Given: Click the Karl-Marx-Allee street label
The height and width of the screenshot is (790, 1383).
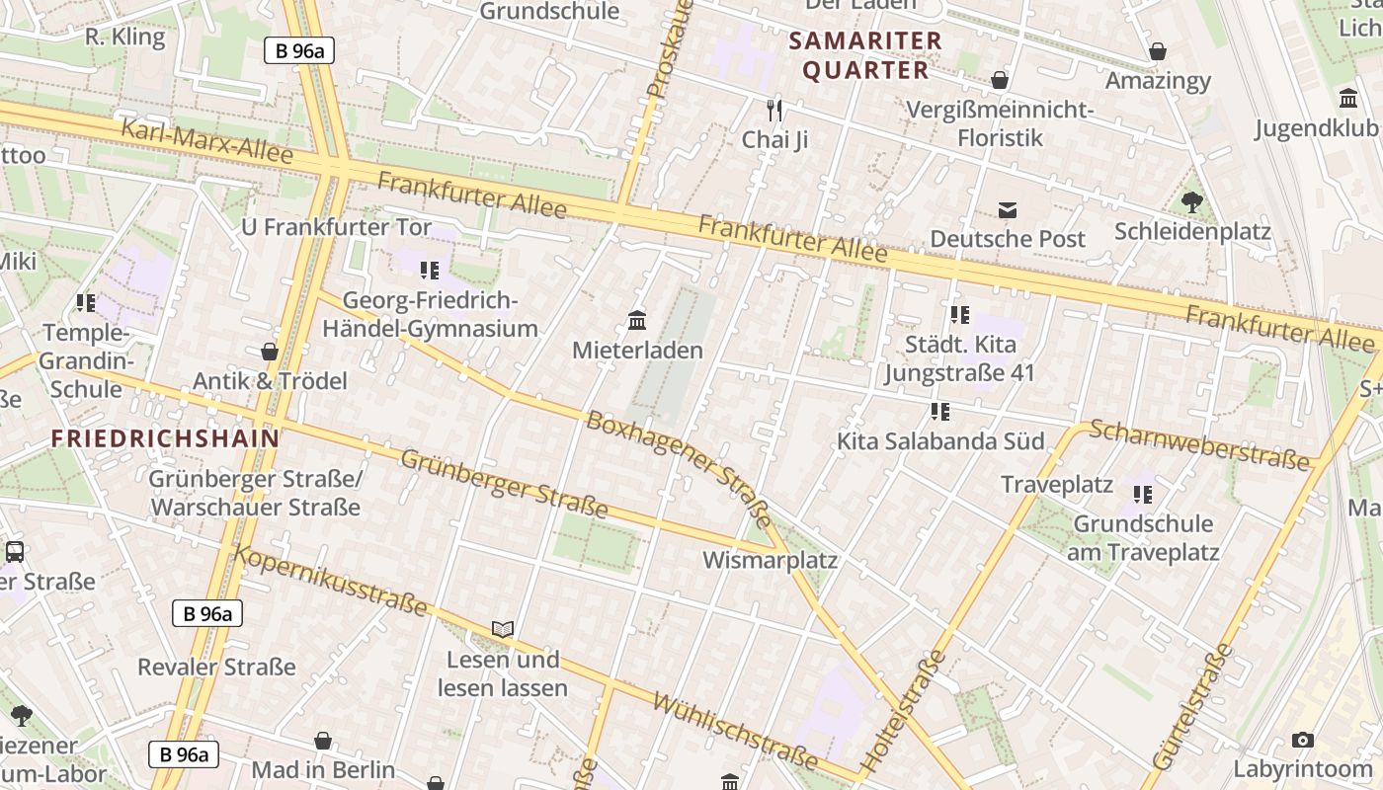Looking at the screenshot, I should tap(206, 142).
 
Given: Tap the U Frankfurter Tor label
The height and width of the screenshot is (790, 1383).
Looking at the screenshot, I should tap(336, 227).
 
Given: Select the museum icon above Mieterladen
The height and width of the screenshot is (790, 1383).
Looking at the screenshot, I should tap(637, 321).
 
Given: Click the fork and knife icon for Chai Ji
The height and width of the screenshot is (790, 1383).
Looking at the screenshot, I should tap(774, 110).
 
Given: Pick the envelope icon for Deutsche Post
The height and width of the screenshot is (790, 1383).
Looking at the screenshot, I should tap(1008, 209).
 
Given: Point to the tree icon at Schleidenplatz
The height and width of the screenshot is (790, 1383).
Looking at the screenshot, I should tap(1192, 202).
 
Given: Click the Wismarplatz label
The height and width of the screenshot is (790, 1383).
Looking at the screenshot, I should tap(770, 561).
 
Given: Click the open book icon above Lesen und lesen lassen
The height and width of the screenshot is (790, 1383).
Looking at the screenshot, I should tap(503, 629).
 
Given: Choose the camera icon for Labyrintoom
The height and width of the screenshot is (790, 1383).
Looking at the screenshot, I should tap(1303, 740).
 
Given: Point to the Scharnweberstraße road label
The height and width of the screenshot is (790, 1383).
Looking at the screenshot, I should tap(1199, 445).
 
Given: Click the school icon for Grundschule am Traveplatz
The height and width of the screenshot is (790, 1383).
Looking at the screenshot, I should tap(1144, 494).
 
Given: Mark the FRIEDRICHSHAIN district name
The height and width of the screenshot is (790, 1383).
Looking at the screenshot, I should tap(165, 438).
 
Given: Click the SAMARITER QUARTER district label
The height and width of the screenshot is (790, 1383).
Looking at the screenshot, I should tap(866, 55).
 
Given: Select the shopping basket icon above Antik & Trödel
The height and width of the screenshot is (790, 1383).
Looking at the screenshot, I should tap(270, 352).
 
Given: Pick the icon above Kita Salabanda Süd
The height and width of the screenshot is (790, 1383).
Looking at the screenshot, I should tap(939, 411).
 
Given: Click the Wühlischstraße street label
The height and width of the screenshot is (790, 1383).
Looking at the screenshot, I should tap(736, 731).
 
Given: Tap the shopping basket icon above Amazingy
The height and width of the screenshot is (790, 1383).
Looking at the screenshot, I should tap(1158, 51).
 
